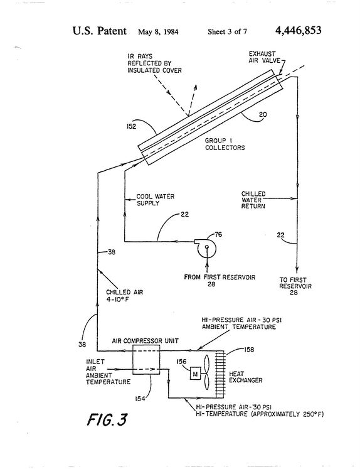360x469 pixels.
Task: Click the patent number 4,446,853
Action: pyautogui.click(x=298, y=31)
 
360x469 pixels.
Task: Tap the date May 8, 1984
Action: pyautogui.click(x=158, y=31)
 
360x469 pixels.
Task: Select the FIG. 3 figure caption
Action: pyautogui.click(x=107, y=419)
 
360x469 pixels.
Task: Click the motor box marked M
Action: pyautogui.click(x=195, y=374)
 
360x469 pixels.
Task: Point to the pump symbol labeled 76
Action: pyautogui.click(x=205, y=247)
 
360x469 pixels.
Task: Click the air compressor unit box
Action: pyautogui.click(x=146, y=360)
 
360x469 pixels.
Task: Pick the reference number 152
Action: pyautogui.click(x=132, y=127)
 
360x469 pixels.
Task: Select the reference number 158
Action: pyautogui.click(x=249, y=349)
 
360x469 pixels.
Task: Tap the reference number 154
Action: pyautogui.click(x=140, y=399)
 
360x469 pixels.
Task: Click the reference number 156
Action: pyautogui.click(x=181, y=362)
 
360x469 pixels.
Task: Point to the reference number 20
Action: pyautogui.click(x=263, y=114)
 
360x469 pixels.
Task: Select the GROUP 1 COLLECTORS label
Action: pyautogui.click(x=225, y=144)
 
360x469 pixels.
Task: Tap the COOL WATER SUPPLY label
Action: pyautogui.click(x=156, y=200)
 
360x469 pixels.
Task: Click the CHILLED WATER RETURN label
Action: pyautogui.click(x=253, y=200)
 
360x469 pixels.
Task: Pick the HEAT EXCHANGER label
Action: pyautogui.click(x=246, y=377)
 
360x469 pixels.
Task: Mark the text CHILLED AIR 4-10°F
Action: pyautogui.click(x=125, y=296)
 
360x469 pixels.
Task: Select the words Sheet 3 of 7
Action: pyautogui.click(x=228, y=31)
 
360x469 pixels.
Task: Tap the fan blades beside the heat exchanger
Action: pyautogui.click(x=207, y=372)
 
